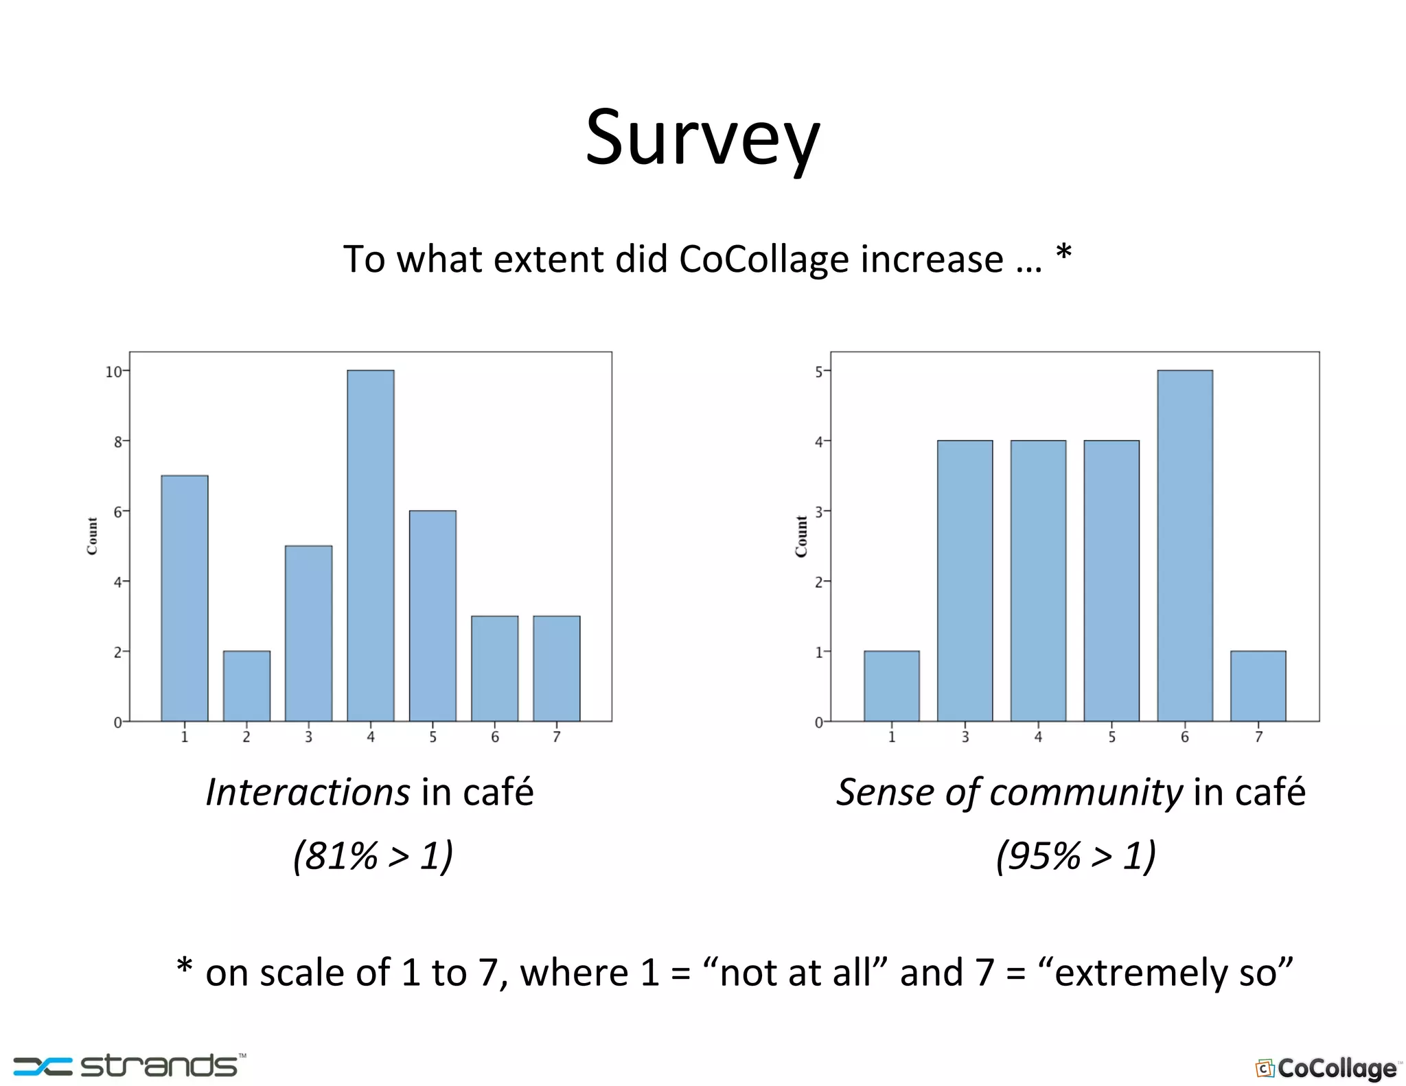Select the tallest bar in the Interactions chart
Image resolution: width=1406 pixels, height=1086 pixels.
[x=370, y=546]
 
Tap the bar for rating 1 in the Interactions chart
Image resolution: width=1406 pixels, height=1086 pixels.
[x=184, y=598]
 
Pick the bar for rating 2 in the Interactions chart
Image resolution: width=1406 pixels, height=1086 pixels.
[x=246, y=686]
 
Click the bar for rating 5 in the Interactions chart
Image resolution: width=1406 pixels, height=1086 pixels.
[x=433, y=616]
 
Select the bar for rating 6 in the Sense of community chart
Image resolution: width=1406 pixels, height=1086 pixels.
[x=1184, y=546]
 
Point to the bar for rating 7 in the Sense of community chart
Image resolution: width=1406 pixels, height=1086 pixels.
[x=1258, y=686]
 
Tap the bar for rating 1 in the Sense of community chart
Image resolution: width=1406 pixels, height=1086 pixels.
[x=891, y=686]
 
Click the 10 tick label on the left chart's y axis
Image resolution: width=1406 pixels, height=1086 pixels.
[x=113, y=372]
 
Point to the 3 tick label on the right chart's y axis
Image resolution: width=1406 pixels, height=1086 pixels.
[x=818, y=512]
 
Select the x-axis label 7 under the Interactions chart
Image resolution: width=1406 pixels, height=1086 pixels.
[x=557, y=737]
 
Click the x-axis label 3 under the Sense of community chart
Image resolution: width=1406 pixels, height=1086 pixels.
[x=965, y=737]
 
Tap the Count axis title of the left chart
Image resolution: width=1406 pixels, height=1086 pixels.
[x=92, y=536]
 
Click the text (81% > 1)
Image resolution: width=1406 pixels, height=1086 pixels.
[x=373, y=855]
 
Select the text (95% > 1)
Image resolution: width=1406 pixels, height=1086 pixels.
[x=1076, y=855]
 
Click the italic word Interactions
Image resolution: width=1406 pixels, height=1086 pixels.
[x=308, y=792]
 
